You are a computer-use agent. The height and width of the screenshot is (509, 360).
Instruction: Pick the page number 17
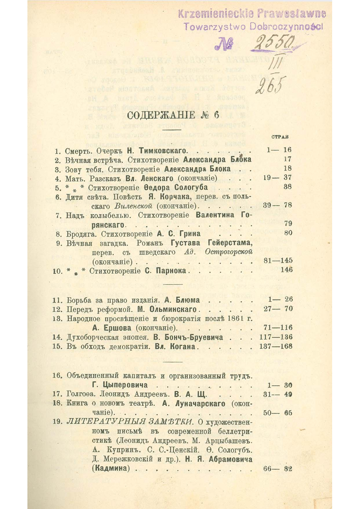pos(286,159)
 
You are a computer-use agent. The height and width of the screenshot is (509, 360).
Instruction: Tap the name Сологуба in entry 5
pos(199,187)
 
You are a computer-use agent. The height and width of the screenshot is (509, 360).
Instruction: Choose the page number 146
pos(286,270)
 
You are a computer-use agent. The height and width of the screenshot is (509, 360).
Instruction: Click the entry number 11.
pos(57,300)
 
